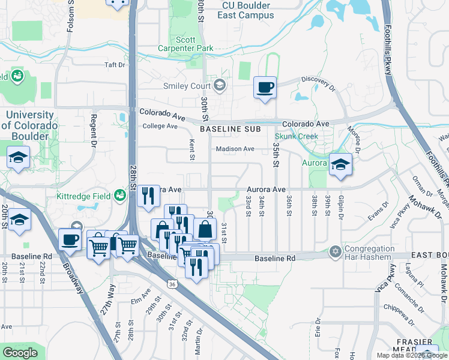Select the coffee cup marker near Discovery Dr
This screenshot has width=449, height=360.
point(265,88)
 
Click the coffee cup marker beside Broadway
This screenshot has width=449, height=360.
point(70,239)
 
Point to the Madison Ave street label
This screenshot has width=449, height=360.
point(235,149)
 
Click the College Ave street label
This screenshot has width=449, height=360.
point(160,126)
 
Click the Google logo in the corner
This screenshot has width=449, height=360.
point(20,353)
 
